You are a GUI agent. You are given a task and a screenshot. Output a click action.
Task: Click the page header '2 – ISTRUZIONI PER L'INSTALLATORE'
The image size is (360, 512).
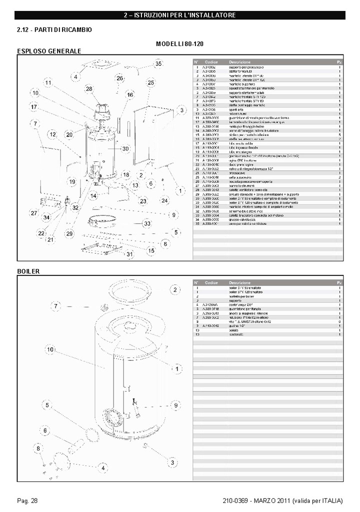click(x=179, y=15)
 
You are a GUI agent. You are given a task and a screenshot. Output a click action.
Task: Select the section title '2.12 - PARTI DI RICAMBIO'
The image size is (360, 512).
click(x=54, y=30)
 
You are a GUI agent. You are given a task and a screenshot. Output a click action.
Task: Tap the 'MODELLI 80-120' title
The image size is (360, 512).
click(x=179, y=44)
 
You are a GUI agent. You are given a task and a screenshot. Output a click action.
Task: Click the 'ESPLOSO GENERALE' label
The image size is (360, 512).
click(x=49, y=51)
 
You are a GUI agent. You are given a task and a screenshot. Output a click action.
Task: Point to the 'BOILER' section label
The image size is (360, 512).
click(x=28, y=271)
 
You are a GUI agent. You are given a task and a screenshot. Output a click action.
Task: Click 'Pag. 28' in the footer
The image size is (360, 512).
click(x=27, y=500)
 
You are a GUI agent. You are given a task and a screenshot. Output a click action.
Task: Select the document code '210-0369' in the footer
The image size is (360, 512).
click(x=235, y=500)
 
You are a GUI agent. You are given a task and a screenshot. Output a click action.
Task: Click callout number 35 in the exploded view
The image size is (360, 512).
click(x=158, y=64)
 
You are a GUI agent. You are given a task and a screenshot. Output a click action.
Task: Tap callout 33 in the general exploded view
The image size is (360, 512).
click(x=147, y=224)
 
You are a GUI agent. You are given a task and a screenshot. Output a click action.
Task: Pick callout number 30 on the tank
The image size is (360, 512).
click(x=125, y=148)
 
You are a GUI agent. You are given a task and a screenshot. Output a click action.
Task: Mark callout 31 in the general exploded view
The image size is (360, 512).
click(x=129, y=254)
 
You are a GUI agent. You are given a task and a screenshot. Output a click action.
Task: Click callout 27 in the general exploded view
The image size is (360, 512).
click(x=33, y=213)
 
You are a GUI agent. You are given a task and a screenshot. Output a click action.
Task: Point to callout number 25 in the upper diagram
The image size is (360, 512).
click(x=150, y=82)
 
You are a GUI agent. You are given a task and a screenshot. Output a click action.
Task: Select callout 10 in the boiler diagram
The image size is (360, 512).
click(x=50, y=349)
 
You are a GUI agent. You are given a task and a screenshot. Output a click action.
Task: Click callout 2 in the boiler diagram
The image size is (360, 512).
click(x=175, y=289)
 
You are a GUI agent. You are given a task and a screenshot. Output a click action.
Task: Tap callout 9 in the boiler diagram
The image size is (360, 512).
click(x=176, y=405)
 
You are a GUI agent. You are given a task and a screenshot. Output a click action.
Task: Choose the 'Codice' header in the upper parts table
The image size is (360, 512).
click(x=211, y=61)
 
